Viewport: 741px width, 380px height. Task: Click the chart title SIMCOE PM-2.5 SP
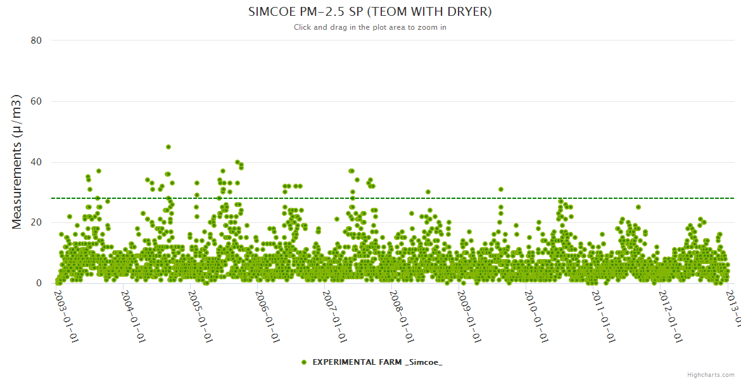click(x=370, y=11)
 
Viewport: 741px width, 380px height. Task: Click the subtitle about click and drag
click(x=370, y=27)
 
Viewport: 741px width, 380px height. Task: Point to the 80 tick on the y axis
click(x=36, y=41)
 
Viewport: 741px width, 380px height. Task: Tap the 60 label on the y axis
click(x=36, y=101)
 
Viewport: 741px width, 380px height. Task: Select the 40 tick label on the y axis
click(x=36, y=162)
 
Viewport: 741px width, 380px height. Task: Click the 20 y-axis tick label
click(x=36, y=222)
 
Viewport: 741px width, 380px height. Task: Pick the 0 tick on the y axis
click(x=39, y=283)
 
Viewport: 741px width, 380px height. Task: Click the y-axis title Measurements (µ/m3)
click(x=17, y=161)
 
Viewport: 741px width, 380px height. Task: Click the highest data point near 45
click(x=168, y=147)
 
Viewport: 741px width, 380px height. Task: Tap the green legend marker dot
click(x=304, y=362)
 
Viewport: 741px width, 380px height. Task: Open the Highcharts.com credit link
click(x=711, y=374)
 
